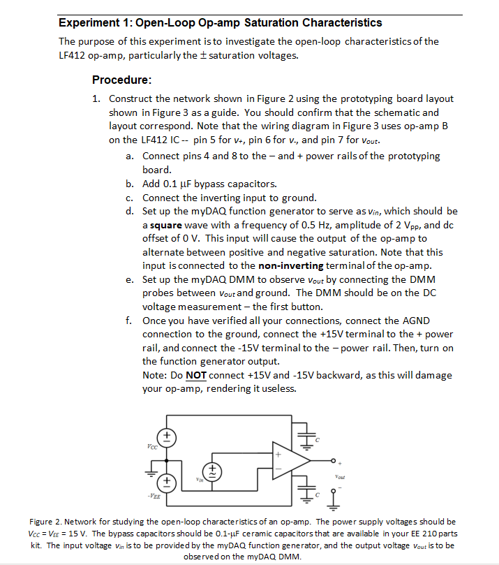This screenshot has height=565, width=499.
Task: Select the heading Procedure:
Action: (x=122, y=80)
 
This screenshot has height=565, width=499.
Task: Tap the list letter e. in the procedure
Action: (x=131, y=279)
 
